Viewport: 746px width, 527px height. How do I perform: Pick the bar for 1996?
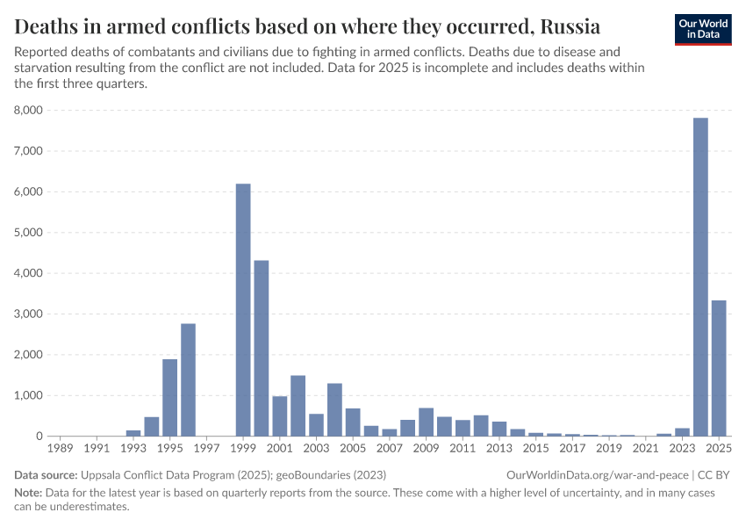point(188,379)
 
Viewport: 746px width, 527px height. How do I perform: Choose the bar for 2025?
point(719,368)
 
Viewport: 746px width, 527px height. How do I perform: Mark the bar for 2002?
point(298,406)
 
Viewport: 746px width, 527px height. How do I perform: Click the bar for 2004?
point(334,409)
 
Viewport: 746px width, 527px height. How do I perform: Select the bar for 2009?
point(426,422)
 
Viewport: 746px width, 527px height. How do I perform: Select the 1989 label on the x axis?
point(60,449)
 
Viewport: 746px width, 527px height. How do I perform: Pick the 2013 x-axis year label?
point(499,449)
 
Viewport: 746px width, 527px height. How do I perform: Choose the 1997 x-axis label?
point(206,449)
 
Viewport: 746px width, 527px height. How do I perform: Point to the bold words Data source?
point(45,474)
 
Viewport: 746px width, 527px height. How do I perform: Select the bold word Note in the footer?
point(29,493)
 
